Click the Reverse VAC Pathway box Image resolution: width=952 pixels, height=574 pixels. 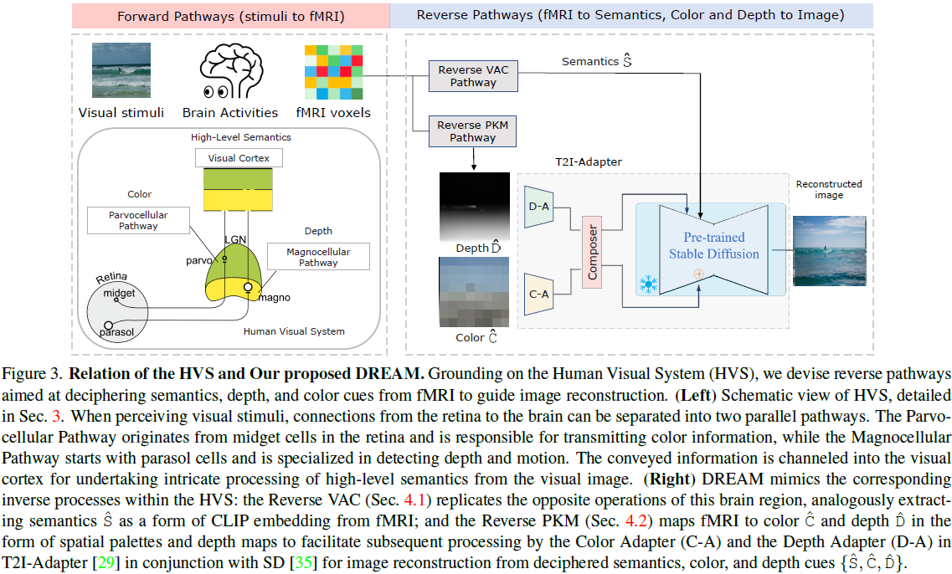point(473,76)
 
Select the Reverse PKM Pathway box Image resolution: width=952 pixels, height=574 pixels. point(473,131)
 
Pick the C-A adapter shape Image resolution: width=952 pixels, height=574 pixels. point(539,293)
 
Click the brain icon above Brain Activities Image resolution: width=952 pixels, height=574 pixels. point(230,72)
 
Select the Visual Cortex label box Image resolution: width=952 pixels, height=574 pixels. point(239,157)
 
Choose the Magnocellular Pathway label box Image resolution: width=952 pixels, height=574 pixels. point(318,257)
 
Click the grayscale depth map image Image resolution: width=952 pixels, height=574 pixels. point(473,206)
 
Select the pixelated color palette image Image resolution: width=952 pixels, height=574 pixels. point(473,292)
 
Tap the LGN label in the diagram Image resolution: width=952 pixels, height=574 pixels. point(235,239)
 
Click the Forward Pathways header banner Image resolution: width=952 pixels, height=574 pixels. point(230,16)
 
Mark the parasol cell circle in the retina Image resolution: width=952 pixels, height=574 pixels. point(108,324)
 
